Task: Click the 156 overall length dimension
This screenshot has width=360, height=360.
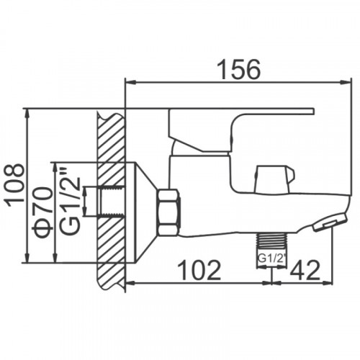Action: [238, 69]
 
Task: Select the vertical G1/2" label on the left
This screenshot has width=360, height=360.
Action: [70, 202]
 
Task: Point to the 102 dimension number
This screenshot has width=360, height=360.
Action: [199, 270]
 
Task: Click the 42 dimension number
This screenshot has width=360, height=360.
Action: [305, 270]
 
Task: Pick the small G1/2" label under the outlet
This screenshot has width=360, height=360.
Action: [272, 259]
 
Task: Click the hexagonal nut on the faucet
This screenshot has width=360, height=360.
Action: [168, 212]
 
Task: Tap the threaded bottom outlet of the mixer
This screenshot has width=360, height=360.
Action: [271, 240]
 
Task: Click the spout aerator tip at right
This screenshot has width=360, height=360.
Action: [330, 222]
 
